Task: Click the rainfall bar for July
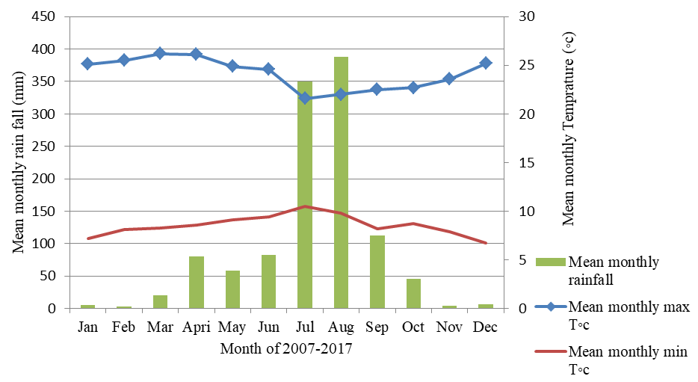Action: click(305, 194)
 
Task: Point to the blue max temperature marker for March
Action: click(160, 53)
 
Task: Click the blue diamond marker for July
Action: click(305, 98)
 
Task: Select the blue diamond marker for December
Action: click(486, 63)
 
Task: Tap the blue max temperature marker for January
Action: click(87, 64)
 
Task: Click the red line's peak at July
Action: click(305, 206)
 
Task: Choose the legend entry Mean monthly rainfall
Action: click(613, 269)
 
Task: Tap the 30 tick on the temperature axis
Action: click(526, 16)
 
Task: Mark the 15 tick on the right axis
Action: click(526, 162)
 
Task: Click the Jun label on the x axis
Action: click(268, 327)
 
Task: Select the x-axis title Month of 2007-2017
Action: click(286, 348)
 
